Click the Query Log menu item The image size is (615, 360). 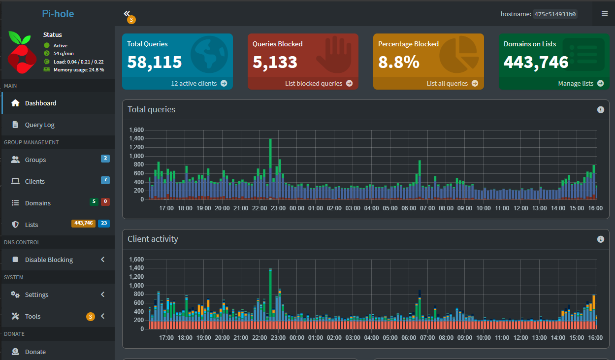tap(39, 125)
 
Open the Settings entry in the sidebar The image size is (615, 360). tap(36, 295)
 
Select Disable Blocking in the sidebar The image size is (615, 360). tap(49, 260)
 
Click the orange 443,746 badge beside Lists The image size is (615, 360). tap(83, 223)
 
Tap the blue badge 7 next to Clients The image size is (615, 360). tap(105, 180)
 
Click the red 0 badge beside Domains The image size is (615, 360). tap(105, 201)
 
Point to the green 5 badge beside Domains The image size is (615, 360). tap(94, 201)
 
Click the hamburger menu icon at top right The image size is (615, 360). tap(605, 14)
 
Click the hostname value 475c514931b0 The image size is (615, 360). tap(555, 14)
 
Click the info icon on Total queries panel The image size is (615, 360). tap(600, 110)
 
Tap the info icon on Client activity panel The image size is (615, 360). tap(600, 239)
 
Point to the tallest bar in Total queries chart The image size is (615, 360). tap(270, 167)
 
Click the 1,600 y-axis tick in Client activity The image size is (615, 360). tap(136, 260)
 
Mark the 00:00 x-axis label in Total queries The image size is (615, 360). tap(297, 208)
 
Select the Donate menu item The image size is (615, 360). tap(35, 352)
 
